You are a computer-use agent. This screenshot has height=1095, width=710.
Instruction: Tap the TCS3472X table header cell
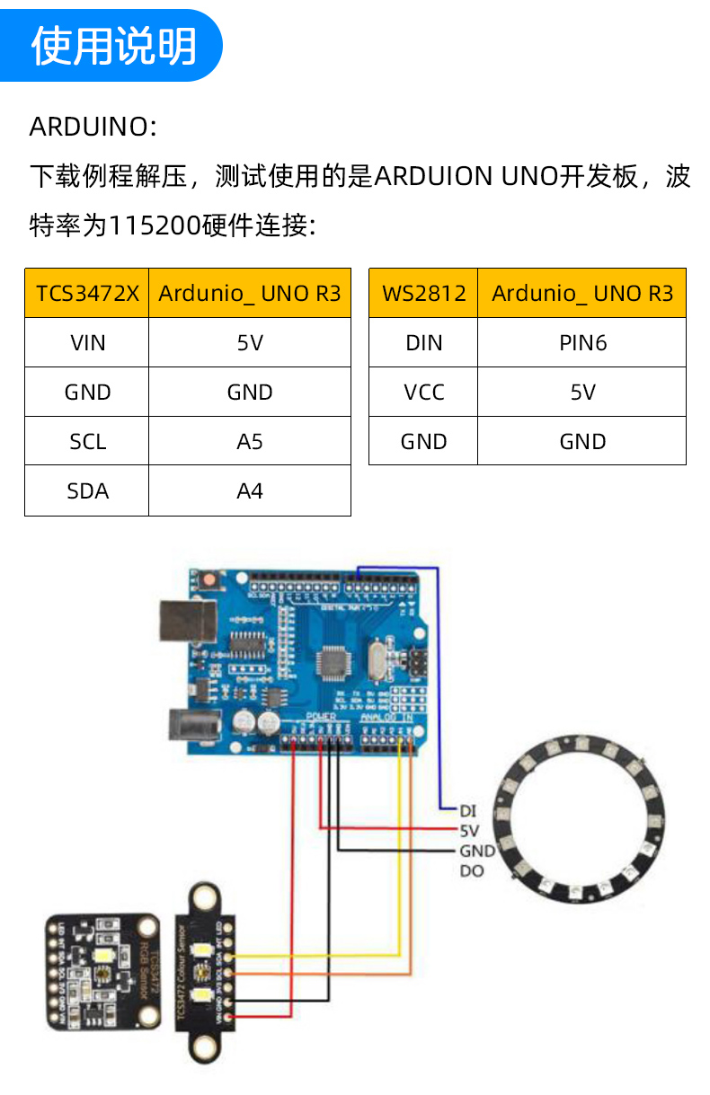click(87, 293)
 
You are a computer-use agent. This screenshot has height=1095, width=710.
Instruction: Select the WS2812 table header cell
click(423, 293)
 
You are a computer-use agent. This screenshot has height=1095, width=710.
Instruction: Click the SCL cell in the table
click(87, 441)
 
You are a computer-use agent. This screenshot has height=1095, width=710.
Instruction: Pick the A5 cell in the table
click(250, 441)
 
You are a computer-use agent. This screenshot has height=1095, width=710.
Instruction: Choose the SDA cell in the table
click(87, 490)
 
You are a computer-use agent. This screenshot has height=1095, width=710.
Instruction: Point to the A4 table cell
click(250, 490)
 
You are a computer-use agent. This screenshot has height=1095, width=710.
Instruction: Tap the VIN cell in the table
click(87, 342)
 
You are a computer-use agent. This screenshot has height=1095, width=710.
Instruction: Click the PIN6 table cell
click(582, 342)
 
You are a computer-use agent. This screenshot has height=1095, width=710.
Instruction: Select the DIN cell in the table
click(423, 342)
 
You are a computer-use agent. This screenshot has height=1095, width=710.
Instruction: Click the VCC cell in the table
click(423, 392)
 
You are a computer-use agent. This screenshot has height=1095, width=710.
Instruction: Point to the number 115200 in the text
click(154, 225)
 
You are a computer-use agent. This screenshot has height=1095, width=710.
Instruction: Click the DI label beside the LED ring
click(467, 811)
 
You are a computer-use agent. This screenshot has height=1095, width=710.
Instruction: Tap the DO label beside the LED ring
click(471, 870)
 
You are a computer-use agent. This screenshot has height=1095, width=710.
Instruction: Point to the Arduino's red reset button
click(209, 581)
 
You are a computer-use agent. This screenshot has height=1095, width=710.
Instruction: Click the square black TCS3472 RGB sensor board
click(102, 971)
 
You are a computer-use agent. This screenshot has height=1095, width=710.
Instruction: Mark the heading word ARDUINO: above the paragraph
click(93, 127)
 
